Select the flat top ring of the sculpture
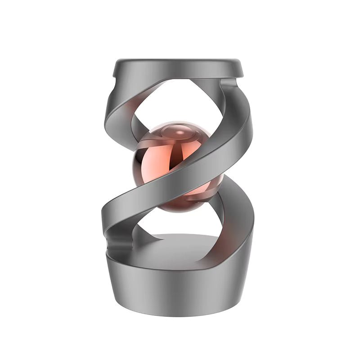178,67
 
